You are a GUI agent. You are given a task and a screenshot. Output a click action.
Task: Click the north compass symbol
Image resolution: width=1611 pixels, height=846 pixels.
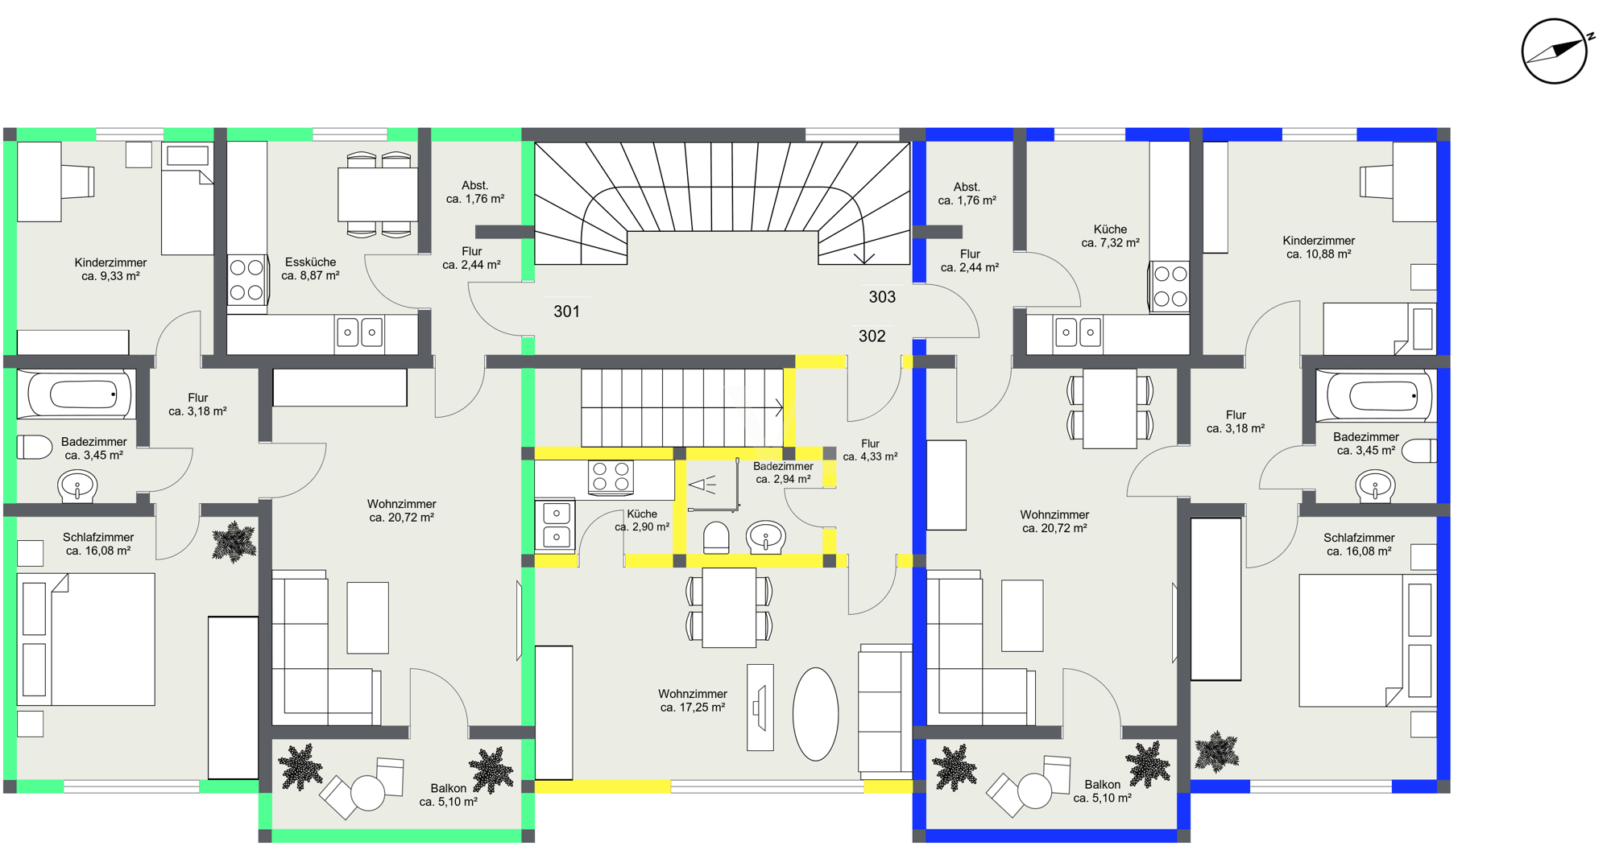1555,51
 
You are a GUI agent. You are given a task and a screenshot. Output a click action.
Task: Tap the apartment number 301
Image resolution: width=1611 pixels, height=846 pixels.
566,312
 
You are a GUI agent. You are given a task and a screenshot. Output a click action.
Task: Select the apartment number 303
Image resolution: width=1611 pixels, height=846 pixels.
882,297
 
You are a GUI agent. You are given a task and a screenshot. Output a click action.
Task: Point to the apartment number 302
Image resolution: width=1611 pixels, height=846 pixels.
872,336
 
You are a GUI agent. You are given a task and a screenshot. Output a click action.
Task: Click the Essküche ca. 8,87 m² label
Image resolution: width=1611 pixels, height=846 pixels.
310,269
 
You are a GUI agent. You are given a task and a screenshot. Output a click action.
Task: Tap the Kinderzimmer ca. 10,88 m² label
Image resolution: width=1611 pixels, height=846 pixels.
1319,247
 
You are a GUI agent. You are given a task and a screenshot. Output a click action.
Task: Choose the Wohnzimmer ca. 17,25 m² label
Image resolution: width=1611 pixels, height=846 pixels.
693,700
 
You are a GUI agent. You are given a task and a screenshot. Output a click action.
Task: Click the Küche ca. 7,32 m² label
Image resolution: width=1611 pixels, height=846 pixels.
1110,236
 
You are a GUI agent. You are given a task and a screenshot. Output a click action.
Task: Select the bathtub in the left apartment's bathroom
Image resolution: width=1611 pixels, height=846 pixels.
77,394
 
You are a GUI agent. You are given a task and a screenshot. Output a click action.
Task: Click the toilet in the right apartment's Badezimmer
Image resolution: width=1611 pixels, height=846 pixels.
1419,451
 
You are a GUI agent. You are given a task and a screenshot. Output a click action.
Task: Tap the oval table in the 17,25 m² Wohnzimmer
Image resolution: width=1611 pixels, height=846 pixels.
815,714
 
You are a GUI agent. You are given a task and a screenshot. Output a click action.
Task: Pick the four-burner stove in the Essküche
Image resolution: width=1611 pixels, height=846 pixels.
247,279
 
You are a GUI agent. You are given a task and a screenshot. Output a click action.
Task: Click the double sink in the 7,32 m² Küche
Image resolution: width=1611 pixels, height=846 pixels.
1079,332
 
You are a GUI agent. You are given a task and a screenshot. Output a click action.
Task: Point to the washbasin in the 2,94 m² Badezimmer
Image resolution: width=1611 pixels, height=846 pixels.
765,537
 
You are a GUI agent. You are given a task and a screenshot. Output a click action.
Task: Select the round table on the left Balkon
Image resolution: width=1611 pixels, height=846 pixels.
367,793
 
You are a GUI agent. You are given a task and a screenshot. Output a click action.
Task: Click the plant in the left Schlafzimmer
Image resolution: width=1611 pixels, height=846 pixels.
234,542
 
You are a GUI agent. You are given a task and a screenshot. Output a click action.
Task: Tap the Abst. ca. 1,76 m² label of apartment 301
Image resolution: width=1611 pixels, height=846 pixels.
475,192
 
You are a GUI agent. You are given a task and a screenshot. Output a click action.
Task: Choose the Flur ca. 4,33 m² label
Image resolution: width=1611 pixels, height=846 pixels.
870,450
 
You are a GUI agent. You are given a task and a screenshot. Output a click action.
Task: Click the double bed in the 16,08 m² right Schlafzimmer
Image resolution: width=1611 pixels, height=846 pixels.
1368,641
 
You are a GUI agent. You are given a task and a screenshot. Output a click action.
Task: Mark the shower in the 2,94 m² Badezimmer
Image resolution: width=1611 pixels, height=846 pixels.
712,485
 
